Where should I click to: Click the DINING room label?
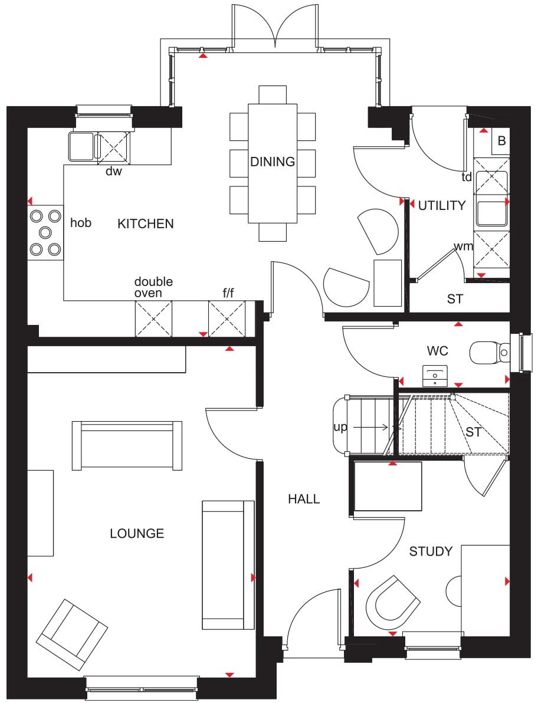(x=272, y=162)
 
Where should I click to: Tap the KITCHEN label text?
(x=145, y=224)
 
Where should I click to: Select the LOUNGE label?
(x=137, y=534)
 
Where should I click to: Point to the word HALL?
(x=304, y=500)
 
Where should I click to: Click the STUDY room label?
(x=431, y=551)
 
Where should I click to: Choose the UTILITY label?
(x=442, y=206)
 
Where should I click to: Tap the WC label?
(x=438, y=351)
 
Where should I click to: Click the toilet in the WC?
(x=489, y=353)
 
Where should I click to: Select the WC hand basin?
(x=435, y=375)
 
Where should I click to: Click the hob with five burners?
(x=45, y=232)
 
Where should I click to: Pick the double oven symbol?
(x=153, y=318)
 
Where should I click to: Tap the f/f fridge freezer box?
(x=227, y=318)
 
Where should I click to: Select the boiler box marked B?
(x=501, y=142)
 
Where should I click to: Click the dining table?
(x=272, y=163)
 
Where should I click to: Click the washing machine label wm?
(x=463, y=247)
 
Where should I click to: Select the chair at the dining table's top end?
(x=272, y=94)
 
